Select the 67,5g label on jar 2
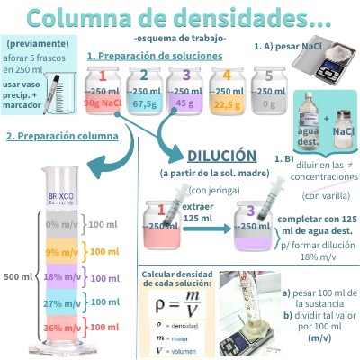coord(146,102)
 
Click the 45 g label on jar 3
coord(185,102)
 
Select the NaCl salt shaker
coord(343,132)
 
